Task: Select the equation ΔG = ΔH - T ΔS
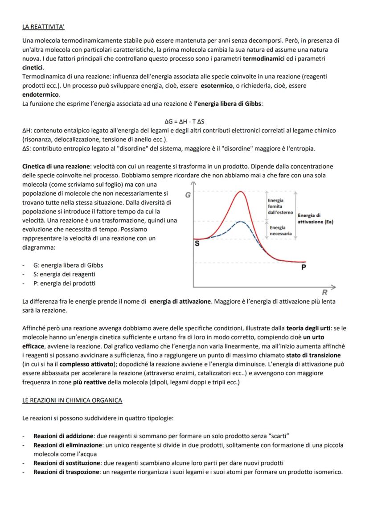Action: click(x=184, y=121)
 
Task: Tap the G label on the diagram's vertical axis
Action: click(x=188, y=195)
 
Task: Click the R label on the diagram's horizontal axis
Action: click(x=324, y=292)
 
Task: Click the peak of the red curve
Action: click(x=241, y=192)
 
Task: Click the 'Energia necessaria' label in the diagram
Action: click(x=281, y=230)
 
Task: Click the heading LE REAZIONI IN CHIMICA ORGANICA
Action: click(x=72, y=400)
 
